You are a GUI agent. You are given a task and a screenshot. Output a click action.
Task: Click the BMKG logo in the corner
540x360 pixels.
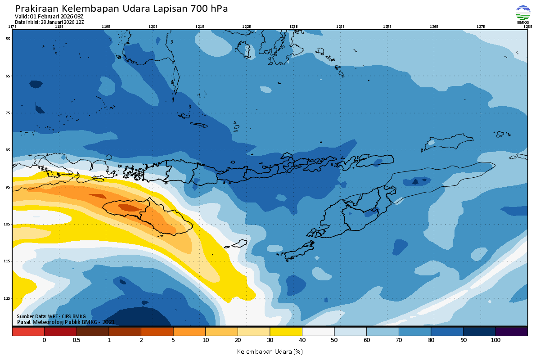click(x=523, y=14)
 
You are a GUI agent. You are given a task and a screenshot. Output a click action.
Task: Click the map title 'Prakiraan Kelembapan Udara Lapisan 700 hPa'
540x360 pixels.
click(x=121, y=9)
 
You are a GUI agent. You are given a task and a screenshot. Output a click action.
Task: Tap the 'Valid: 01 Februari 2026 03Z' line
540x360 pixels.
click(x=49, y=17)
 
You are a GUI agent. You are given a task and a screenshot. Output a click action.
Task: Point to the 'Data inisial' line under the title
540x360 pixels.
click(x=49, y=22)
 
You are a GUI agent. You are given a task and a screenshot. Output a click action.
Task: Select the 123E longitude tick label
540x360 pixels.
click(x=293, y=27)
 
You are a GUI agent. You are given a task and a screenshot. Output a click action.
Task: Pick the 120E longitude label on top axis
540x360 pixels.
click(x=153, y=27)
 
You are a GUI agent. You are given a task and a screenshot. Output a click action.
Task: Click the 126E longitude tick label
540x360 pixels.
click(x=434, y=27)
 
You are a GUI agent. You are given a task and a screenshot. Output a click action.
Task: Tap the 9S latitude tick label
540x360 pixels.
click(x=8, y=187)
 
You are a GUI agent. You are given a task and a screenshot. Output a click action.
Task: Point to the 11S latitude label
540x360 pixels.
click(x=8, y=261)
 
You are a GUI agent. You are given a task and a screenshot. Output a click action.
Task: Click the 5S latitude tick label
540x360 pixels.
click(x=8, y=39)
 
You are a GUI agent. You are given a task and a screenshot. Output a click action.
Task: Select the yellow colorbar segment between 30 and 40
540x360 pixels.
click(x=286, y=332)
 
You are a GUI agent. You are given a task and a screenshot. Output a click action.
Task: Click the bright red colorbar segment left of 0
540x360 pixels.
click(x=28, y=332)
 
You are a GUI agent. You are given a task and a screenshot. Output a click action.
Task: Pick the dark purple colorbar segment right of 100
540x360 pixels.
click(x=511, y=332)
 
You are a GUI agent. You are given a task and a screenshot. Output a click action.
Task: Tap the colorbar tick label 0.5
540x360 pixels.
click(x=76, y=340)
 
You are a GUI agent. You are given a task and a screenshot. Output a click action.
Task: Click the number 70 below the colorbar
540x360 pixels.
click(x=399, y=340)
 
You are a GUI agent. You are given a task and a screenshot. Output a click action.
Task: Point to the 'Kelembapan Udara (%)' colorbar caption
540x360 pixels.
click(x=270, y=351)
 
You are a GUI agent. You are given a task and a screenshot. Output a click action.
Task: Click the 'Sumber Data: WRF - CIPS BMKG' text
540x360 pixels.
click(x=51, y=317)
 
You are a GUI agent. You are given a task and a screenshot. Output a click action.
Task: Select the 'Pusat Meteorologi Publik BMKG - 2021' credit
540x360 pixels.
click(x=66, y=322)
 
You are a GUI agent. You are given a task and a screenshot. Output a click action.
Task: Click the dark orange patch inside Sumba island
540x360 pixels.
click(x=129, y=207)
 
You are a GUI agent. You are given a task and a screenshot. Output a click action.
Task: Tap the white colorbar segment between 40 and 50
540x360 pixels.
click(x=318, y=332)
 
